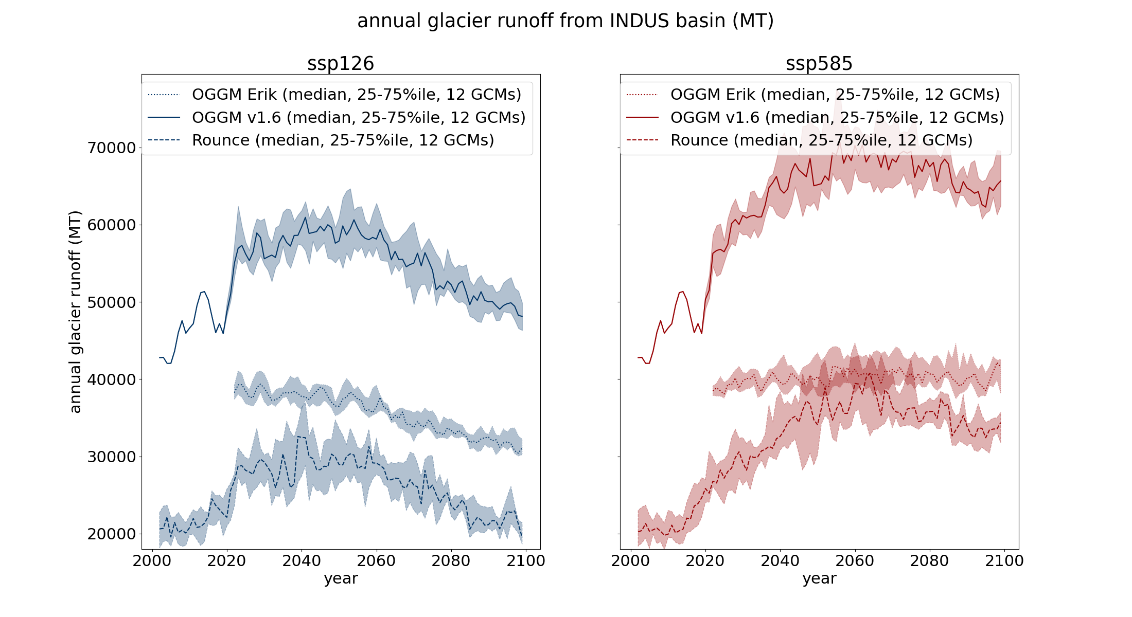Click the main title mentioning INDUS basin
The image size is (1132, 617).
pos(565,21)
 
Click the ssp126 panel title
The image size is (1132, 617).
pos(341,64)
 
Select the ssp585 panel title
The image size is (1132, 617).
pos(819,64)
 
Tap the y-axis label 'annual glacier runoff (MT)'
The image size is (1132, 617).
pos(75,312)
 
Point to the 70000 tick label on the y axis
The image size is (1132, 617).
pos(111,148)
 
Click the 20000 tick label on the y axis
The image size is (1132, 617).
pos(111,534)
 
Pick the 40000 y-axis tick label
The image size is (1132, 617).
pos(111,380)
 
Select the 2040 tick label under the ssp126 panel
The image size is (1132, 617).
pos(302,560)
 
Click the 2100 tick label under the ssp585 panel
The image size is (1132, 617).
pos(1004,560)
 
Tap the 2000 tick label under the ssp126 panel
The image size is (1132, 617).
pos(152,560)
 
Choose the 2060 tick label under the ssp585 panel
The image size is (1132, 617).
pos(855,560)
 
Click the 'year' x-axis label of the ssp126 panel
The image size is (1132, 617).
pos(341,578)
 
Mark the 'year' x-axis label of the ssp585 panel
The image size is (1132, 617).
pos(819,578)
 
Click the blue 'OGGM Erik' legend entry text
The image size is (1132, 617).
pos(357,95)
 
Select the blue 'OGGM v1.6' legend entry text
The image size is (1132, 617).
pos(359,118)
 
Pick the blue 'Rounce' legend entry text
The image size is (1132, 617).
pos(343,140)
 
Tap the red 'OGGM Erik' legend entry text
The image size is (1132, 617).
pos(835,95)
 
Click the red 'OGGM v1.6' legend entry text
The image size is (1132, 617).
pos(837,118)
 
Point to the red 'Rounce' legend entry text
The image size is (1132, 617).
pos(821,140)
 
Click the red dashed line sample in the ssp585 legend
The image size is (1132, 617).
pos(642,140)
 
